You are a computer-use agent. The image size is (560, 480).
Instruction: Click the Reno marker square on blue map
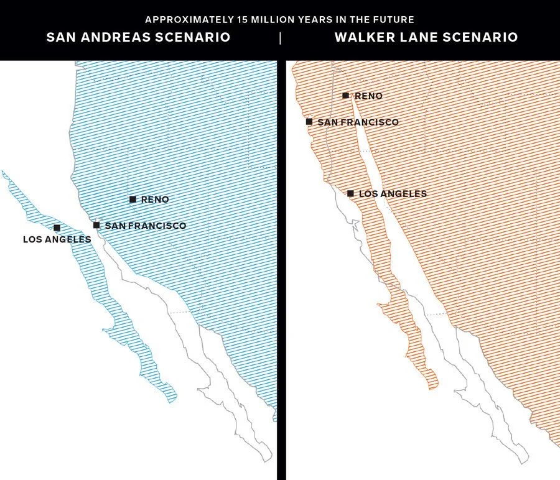point(133,200)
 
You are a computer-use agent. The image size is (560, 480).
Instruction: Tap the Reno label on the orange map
point(368,96)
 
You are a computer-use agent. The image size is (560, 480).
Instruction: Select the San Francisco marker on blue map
point(96,225)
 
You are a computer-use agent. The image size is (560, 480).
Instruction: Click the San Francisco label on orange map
point(358,122)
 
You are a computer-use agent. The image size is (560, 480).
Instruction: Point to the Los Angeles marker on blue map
point(57,228)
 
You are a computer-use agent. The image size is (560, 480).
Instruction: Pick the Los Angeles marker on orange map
point(350,193)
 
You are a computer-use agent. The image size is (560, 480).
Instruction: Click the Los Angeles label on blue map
point(57,239)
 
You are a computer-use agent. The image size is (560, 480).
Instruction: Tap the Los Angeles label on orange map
point(393,194)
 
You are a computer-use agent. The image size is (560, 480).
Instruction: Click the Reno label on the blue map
point(155,200)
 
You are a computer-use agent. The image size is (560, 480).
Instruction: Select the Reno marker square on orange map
point(345,96)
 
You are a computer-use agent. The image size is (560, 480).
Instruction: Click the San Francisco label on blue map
point(145,226)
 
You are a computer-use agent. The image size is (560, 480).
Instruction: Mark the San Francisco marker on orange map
point(309,122)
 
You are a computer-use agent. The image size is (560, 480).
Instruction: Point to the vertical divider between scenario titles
point(280,38)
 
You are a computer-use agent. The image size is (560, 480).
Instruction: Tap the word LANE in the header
point(423,37)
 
